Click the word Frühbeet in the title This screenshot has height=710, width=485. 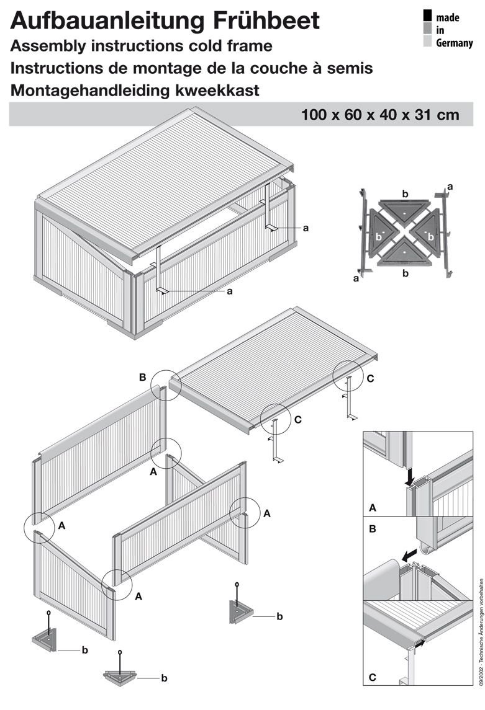click(266, 21)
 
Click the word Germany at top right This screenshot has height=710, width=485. click(454, 43)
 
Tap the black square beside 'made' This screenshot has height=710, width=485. click(427, 16)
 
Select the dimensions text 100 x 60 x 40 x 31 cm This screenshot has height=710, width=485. click(380, 115)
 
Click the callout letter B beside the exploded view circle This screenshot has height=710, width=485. click(142, 377)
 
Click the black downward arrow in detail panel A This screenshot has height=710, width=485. click(410, 476)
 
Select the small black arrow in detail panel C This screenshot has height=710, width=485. click(421, 642)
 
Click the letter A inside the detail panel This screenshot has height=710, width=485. click(373, 508)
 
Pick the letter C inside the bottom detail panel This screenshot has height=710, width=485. click(373, 677)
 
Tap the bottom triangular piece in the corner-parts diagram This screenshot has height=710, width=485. click(403, 254)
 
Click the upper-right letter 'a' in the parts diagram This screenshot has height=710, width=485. click(450, 187)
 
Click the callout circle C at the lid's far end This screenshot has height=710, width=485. click(348, 376)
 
